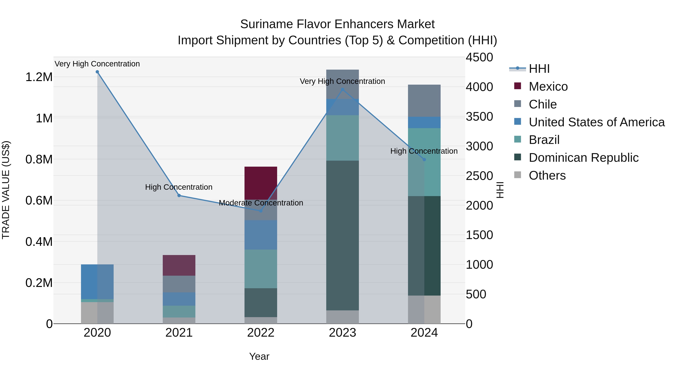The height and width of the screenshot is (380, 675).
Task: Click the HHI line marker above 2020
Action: coord(97,72)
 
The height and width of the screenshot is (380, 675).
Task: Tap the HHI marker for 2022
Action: coord(260,211)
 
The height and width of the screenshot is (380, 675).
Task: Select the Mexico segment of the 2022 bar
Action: coord(260,183)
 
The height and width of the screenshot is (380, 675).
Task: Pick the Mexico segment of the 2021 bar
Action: coord(179,265)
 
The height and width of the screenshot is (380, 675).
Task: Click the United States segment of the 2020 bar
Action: coord(97,282)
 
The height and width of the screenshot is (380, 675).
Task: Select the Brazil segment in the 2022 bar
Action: coord(260,269)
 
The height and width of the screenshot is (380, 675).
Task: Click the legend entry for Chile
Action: coord(542,104)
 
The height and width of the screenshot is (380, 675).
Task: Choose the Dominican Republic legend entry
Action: coord(583,158)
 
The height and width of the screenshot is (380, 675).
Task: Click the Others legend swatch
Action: coord(517,175)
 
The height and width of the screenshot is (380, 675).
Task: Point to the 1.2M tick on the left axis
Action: coord(39,77)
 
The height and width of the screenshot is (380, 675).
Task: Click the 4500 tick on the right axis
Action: coord(479,57)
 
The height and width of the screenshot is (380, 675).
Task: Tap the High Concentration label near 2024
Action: coord(424,151)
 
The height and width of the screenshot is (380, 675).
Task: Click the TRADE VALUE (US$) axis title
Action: coord(6,190)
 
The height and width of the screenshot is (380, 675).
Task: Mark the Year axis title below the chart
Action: coord(259,356)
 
